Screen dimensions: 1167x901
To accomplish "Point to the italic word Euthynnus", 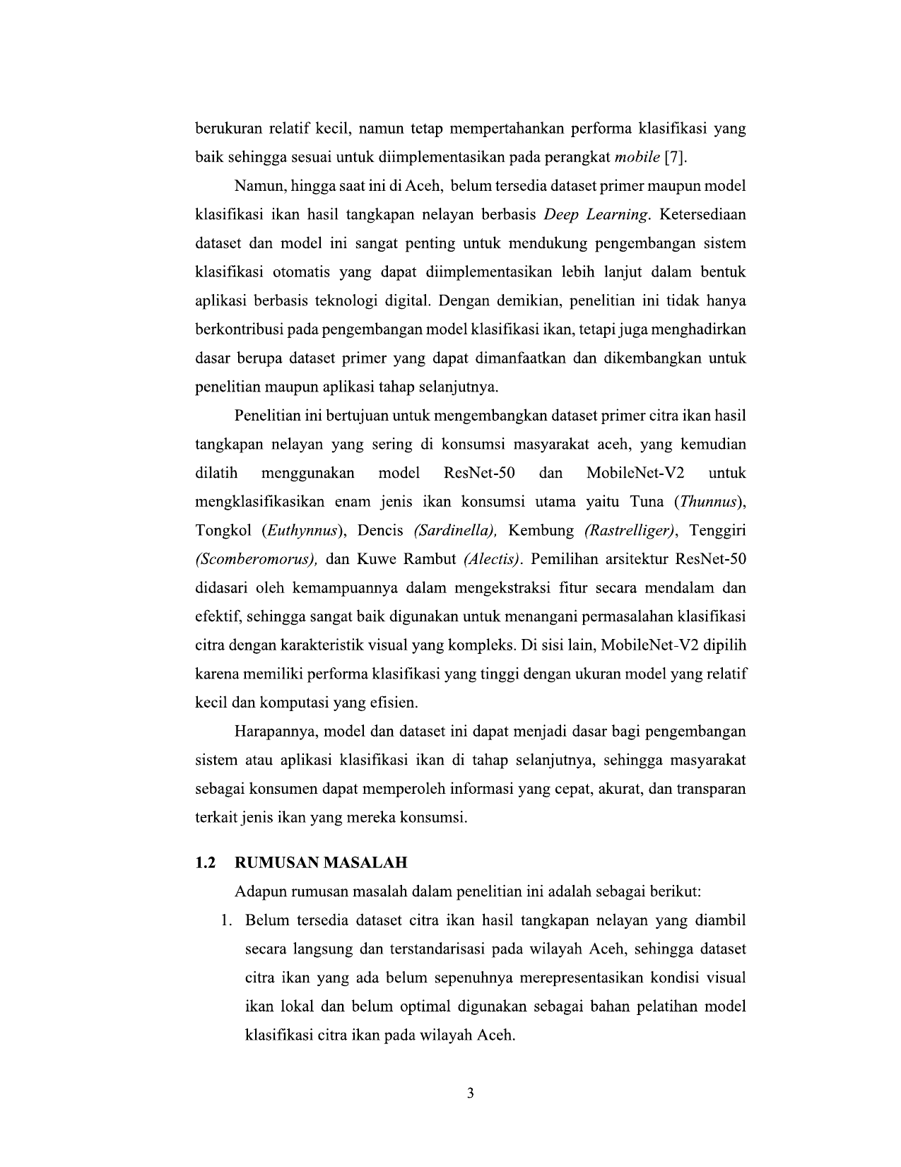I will [300, 531].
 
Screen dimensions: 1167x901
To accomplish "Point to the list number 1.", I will [225, 921].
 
